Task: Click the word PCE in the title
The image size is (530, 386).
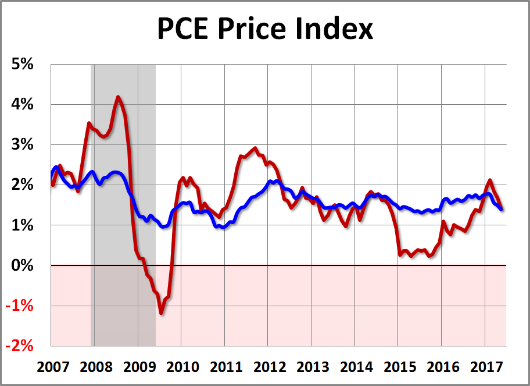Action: pyautogui.click(x=181, y=29)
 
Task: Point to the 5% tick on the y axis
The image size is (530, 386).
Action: pyautogui.click(x=24, y=64)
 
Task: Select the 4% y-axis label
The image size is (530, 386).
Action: pyautogui.click(x=24, y=105)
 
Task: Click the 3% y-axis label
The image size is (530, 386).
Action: pyautogui.click(x=24, y=145)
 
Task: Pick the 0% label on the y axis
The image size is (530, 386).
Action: pyautogui.click(x=24, y=266)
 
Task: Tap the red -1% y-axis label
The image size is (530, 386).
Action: pyautogui.click(x=22, y=306)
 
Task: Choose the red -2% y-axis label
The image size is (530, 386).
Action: pyautogui.click(x=22, y=346)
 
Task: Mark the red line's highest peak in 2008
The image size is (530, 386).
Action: pyautogui.click(x=118, y=97)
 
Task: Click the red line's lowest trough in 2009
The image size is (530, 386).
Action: pyautogui.click(x=161, y=313)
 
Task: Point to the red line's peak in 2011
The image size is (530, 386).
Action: pyautogui.click(x=255, y=148)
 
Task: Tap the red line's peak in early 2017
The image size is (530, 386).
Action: pyautogui.click(x=490, y=180)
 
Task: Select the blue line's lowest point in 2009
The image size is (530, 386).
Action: pyautogui.click(x=164, y=226)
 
